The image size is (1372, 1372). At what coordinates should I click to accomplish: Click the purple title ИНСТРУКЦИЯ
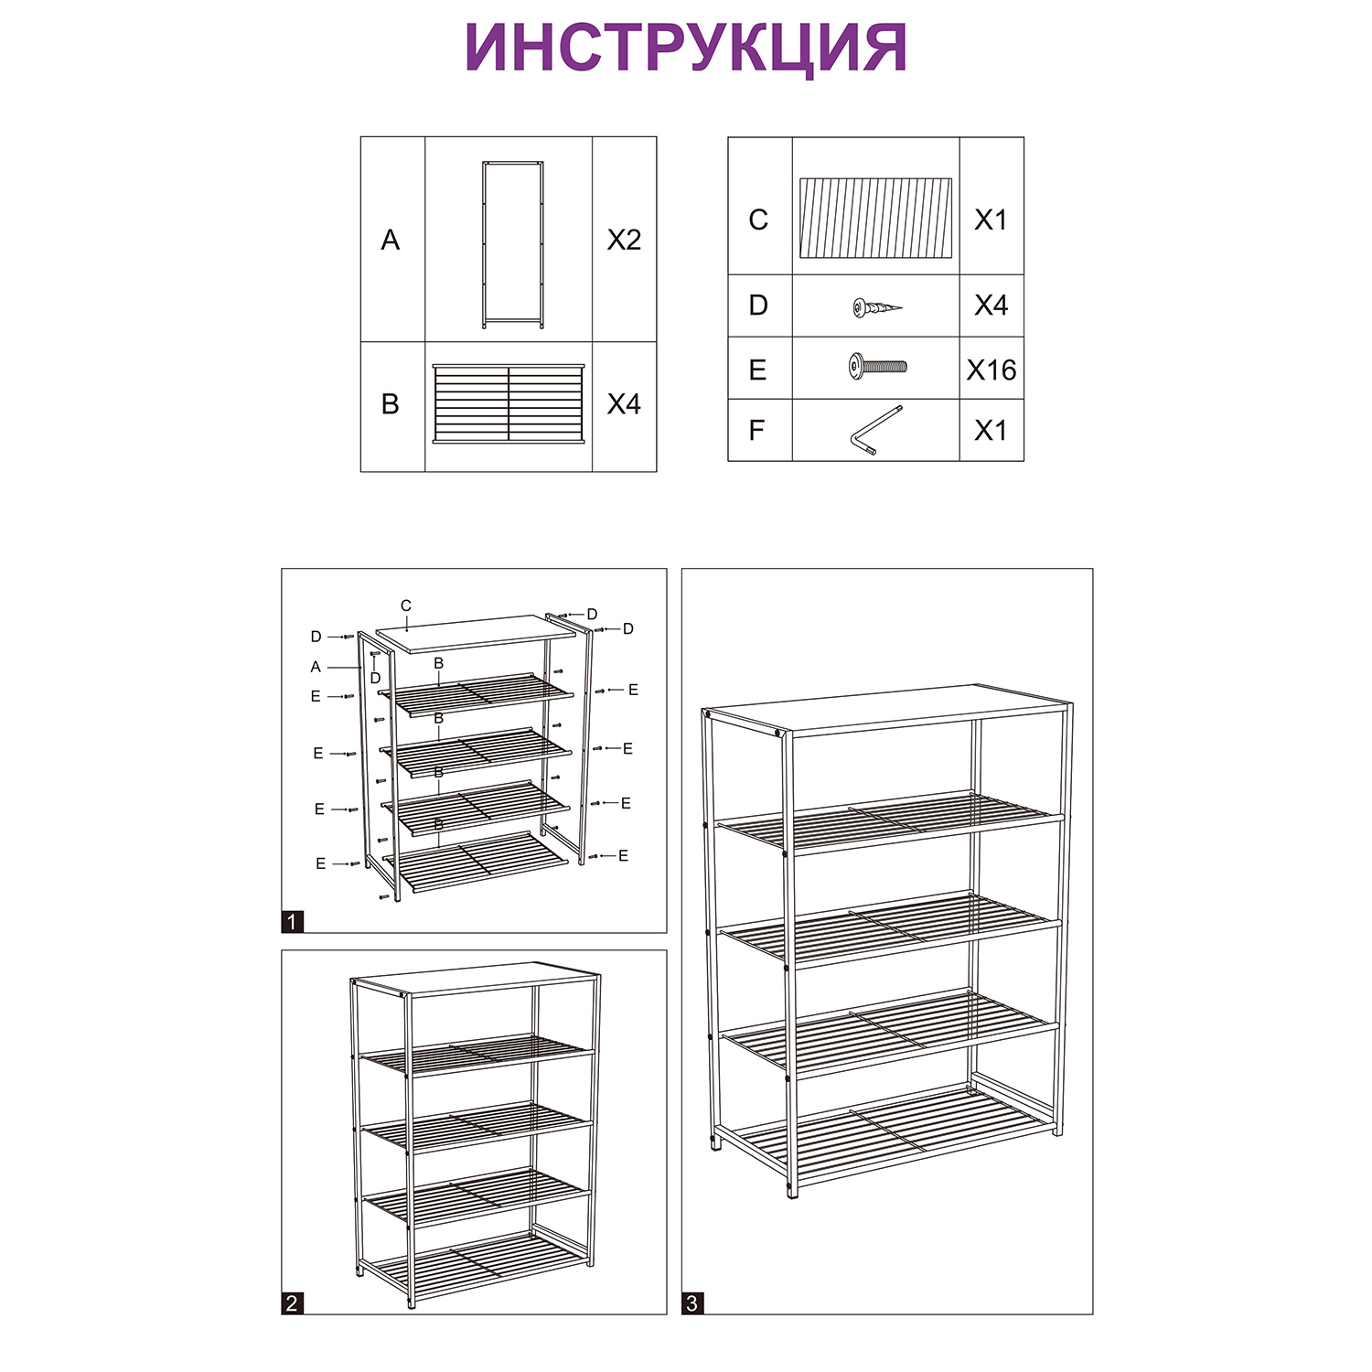pos(685,48)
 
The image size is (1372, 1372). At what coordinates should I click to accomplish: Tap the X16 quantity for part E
pos(991,370)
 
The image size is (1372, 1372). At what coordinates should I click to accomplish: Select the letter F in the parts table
pos(756,430)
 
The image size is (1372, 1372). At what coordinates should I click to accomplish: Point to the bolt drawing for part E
pos(877,367)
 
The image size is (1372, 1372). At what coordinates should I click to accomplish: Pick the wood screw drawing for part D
pos(877,307)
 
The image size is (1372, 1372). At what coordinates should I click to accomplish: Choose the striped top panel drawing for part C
pos(875,218)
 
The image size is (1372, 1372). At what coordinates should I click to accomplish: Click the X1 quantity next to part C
pos(991,220)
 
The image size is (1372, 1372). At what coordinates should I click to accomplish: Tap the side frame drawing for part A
pos(512,245)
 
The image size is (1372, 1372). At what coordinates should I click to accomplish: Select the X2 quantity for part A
pos(624,240)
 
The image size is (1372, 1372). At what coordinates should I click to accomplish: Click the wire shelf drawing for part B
pos(508,404)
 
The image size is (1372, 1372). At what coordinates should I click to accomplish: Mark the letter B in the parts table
pos(391,404)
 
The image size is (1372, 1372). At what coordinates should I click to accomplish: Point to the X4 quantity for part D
pos(991,305)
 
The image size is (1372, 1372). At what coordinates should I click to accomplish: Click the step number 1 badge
pos(292,922)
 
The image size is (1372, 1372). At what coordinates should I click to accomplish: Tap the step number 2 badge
pos(292,1303)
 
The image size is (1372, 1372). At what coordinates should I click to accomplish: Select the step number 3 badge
pos(692,1303)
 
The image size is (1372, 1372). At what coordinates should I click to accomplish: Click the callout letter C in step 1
pos(406,606)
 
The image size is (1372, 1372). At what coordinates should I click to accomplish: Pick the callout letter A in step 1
pos(316,668)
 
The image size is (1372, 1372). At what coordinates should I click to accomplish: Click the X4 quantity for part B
pos(624,403)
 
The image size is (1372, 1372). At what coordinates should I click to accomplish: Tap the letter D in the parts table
pos(758,305)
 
